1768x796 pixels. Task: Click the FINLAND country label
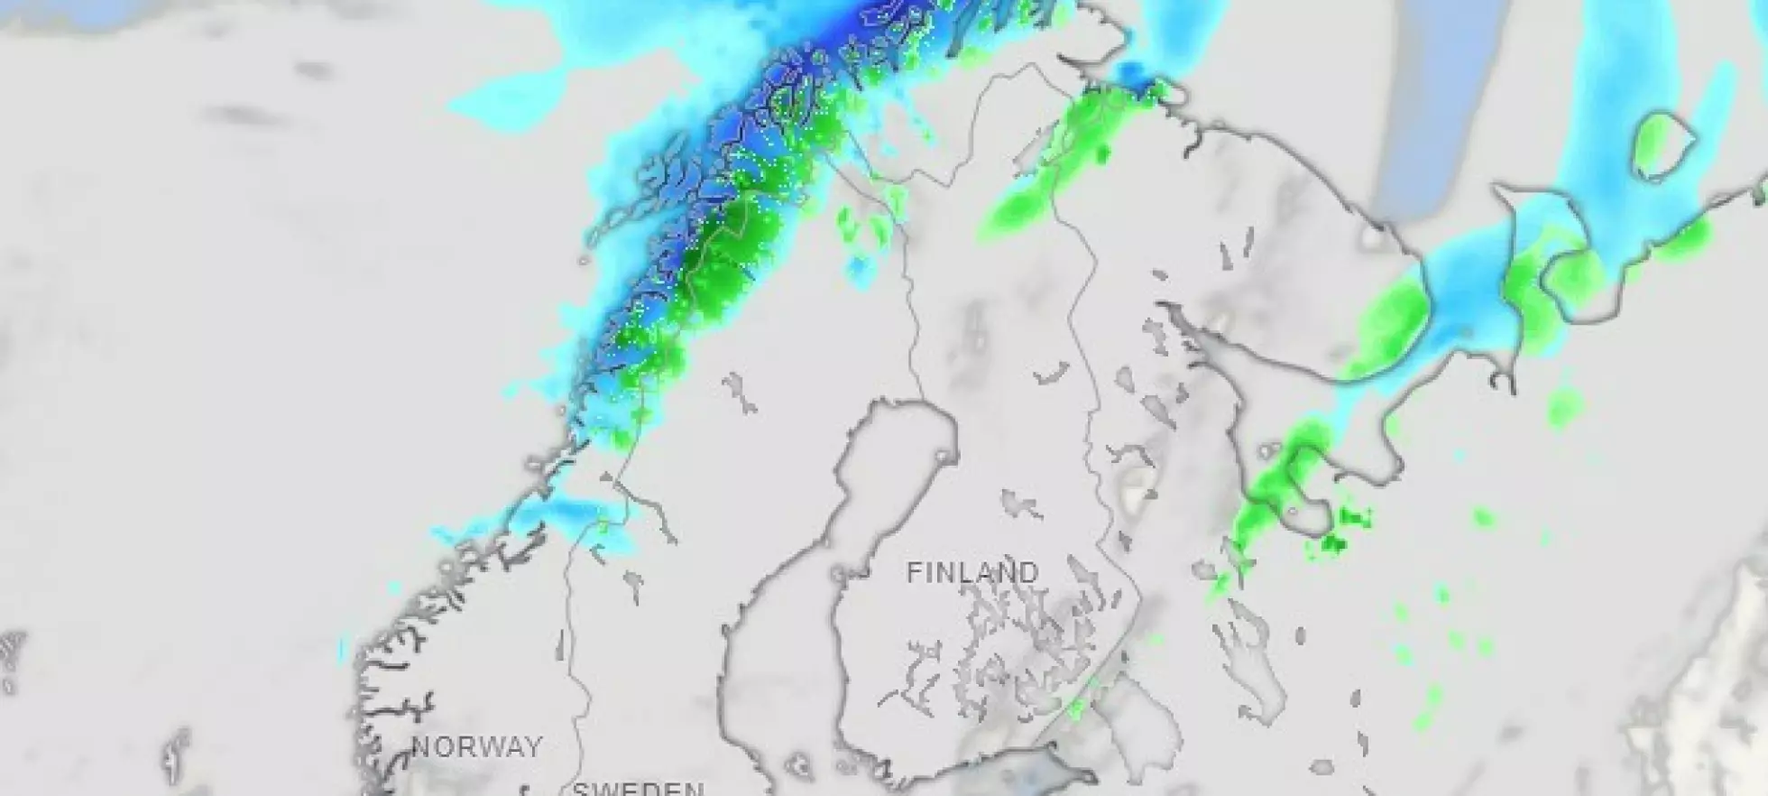pyautogui.click(x=972, y=573)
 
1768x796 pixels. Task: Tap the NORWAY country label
pyautogui.click(x=477, y=747)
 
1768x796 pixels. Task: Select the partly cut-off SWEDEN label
pyautogui.click(x=638, y=788)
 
